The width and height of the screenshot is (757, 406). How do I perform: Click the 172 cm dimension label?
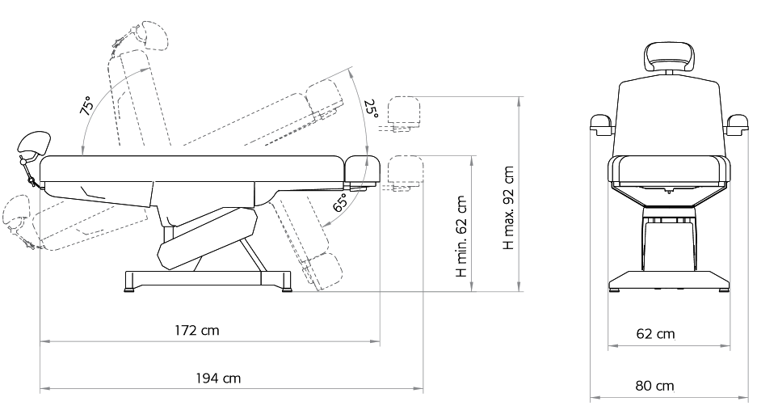(x=196, y=331)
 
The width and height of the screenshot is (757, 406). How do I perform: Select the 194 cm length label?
(x=218, y=378)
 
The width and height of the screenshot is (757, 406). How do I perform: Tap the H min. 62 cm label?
(x=461, y=237)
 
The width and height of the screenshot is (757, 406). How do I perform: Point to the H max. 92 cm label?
(x=509, y=208)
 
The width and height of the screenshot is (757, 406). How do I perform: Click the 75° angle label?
(x=87, y=106)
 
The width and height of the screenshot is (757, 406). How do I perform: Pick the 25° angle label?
(x=371, y=109)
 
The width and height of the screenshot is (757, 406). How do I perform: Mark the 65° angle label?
(x=341, y=202)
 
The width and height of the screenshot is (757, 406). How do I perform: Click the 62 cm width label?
(x=655, y=334)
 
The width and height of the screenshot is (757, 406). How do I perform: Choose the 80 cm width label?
(x=654, y=386)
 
